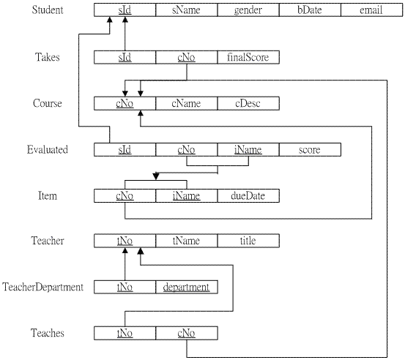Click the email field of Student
click(x=372, y=10)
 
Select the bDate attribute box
click(x=310, y=10)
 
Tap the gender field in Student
click(x=248, y=10)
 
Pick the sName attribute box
click(x=187, y=10)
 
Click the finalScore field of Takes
click(x=248, y=57)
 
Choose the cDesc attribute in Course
click(x=248, y=103)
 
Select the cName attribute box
click(x=187, y=103)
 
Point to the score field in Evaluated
click(x=310, y=150)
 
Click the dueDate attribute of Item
click(x=248, y=196)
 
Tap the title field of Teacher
click(x=248, y=241)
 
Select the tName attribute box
click(x=187, y=241)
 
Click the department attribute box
click(x=187, y=287)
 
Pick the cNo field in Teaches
click(x=187, y=333)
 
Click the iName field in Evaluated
click(x=248, y=150)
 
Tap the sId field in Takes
click(x=125, y=57)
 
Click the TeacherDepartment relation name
click(x=43, y=287)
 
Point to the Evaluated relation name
click(x=48, y=150)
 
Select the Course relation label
click(x=48, y=103)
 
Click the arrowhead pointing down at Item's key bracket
click(x=156, y=176)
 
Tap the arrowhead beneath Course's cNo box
click(x=141, y=113)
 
